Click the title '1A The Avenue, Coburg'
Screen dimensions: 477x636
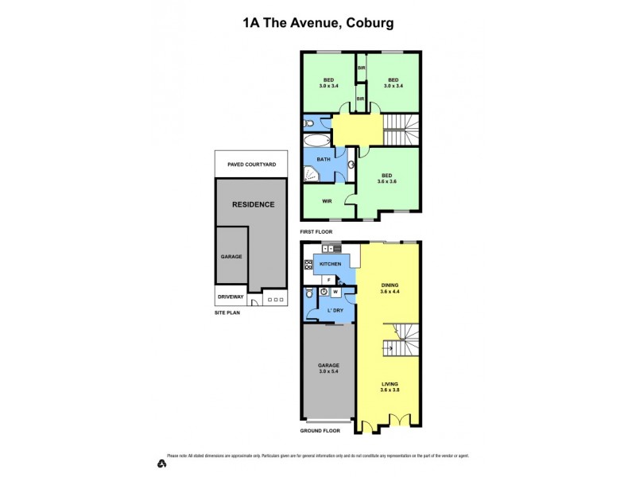pos(318,24)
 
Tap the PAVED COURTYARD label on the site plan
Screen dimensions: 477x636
pos(251,165)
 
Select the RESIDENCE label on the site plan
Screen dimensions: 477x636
pos(253,204)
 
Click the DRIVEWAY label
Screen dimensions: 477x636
pos(231,298)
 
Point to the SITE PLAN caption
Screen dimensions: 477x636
pos(227,312)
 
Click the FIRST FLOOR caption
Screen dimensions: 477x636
pos(316,231)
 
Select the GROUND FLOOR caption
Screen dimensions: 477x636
pos(320,430)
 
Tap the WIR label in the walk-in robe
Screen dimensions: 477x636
pos(327,201)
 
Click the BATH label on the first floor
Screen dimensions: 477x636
pos(324,160)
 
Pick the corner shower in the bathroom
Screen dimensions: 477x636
pos(309,174)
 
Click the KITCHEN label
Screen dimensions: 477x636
pos(330,264)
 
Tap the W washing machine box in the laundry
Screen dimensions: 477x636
pos(335,292)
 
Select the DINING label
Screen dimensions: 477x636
pos(389,285)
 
